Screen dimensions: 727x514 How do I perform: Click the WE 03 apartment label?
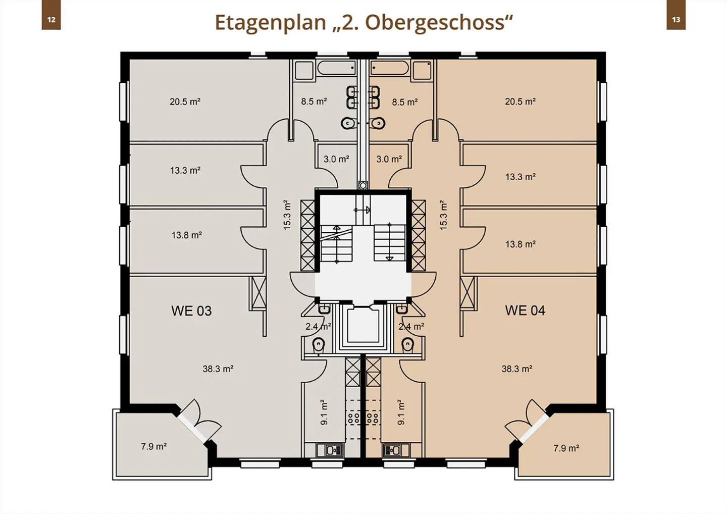click(x=191, y=311)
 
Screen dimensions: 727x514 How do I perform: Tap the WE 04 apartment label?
click(x=525, y=311)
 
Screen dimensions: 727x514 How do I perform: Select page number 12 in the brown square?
click(x=51, y=20)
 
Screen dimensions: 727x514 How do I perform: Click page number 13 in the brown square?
click(x=676, y=20)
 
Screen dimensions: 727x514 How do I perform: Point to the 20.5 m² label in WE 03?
click(x=185, y=101)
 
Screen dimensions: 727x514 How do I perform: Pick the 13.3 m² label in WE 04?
click(x=520, y=177)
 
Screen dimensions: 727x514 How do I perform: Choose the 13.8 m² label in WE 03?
click(x=187, y=235)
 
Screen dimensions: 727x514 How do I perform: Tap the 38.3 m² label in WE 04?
click(x=517, y=369)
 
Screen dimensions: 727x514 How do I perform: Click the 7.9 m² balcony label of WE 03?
click(x=154, y=446)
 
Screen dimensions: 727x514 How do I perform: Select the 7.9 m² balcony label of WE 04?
click(x=566, y=448)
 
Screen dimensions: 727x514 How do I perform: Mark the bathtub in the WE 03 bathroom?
click(x=336, y=68)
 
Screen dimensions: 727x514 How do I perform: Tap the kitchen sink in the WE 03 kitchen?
click(x=330, y=450)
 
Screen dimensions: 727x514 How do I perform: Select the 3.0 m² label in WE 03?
click(x=336, y=159)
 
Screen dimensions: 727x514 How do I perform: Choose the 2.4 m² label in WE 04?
click(x=411, y=327)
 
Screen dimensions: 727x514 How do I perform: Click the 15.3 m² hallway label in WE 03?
click(x=287, y=215)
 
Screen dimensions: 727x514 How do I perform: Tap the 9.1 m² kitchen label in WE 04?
click(x=401, y=412)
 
